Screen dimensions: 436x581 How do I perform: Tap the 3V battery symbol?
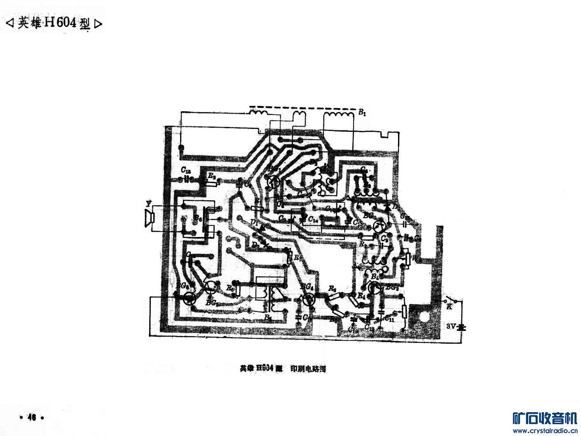464,327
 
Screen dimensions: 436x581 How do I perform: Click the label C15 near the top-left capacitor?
186,171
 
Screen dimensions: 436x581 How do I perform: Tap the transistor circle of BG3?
374,288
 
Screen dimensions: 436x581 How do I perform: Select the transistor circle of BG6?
190,298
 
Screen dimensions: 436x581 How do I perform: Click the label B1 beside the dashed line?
362,112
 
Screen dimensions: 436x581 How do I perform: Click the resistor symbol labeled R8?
237,289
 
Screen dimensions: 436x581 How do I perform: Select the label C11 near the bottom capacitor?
389,319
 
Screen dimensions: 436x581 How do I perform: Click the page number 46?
31,417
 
